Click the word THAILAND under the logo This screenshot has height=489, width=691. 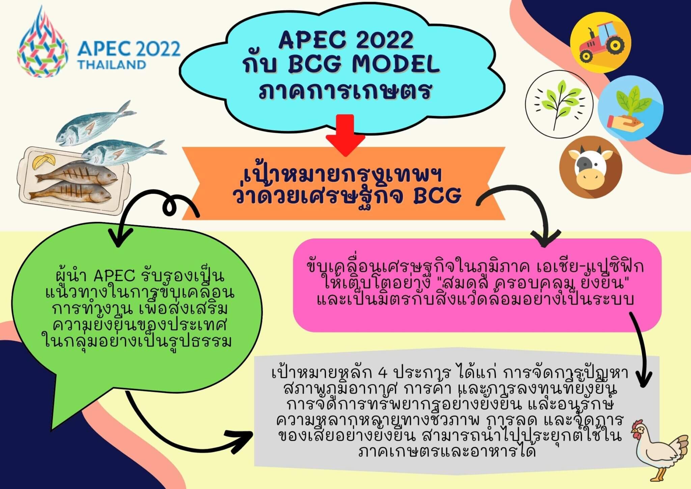point(112,64)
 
